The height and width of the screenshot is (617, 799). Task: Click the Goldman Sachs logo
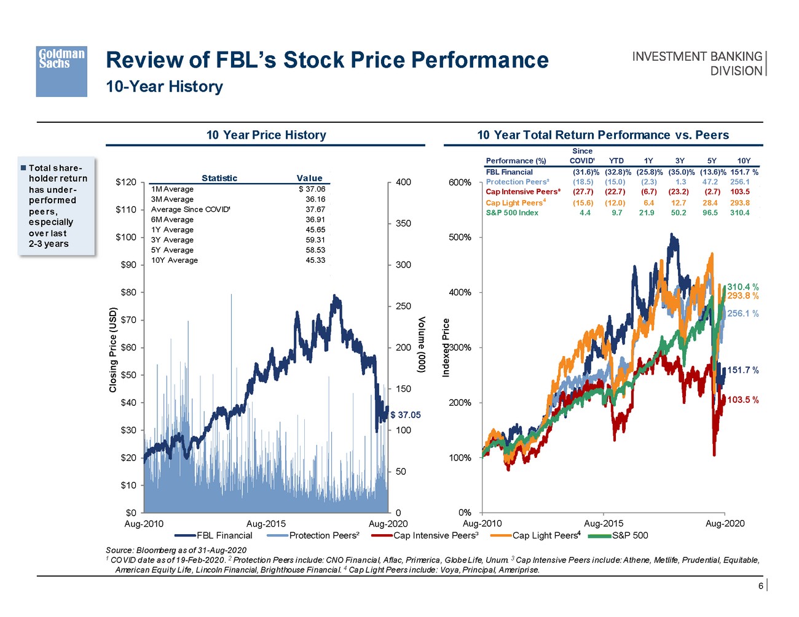click(61, 71)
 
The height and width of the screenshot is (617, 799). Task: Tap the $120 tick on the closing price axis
click(126, 182)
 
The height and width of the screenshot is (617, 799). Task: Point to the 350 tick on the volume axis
click(403, 223)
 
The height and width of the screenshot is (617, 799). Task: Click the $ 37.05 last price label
click(406, 415)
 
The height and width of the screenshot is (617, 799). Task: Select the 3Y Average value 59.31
click(315, 240)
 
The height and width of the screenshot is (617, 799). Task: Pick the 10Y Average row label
click(175, 260)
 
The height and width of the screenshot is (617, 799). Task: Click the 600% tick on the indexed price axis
click(460, 182)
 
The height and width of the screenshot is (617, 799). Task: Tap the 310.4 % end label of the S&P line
click(743, 287)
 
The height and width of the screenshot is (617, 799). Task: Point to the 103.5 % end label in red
click(743, 400)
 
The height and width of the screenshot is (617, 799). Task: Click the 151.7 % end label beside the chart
click(743, 370)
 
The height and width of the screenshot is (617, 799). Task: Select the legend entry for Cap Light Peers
click(545, 535)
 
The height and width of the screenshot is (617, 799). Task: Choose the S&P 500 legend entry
click(629, 535)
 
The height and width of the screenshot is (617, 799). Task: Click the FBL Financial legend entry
click(224, 535)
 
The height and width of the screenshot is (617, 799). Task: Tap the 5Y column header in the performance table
click(712, 161)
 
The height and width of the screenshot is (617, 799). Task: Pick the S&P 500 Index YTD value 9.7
click(616, 213)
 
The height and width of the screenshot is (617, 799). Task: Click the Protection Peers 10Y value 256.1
click(739, 182)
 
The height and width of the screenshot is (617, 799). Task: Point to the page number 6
click(760, 586)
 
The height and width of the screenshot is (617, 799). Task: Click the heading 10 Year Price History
click(266, 135)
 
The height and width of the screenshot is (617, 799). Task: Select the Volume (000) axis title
click(422, 345)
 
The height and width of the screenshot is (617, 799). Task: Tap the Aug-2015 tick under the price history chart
click(266, 524)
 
